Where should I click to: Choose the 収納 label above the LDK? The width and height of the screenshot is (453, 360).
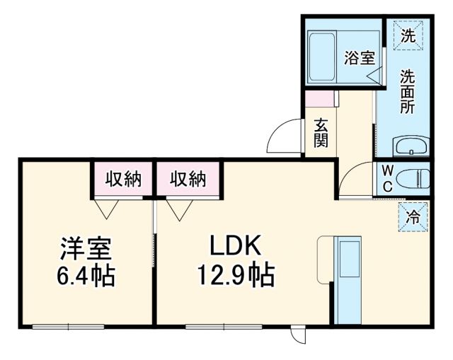pyautogui.click(x=188, y=180)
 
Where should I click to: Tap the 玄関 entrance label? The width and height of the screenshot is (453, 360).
pyautogui.click(x=321, y=132)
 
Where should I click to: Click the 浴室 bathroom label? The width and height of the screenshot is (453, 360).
pyautogui.click(x=359, y=58)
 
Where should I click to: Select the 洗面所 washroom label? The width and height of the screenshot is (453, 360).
pyautogui.click(x=407, y=91)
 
